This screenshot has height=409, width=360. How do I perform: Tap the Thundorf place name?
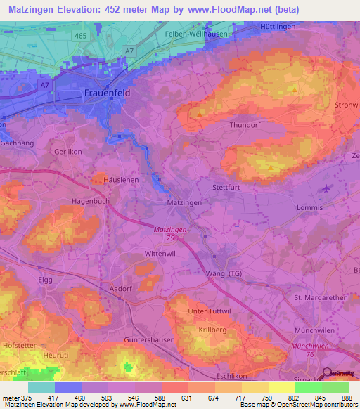coord(245,126)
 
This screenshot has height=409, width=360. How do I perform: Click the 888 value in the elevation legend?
coord(347,398)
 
